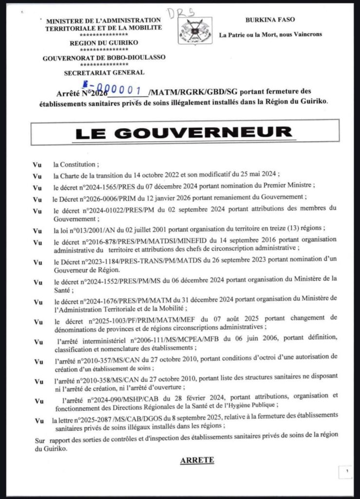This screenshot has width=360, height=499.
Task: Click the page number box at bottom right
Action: (346, 471)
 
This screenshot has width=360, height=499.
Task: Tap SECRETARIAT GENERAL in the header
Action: (104, 73)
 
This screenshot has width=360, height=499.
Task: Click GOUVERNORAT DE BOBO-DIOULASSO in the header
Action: (103, 58)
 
